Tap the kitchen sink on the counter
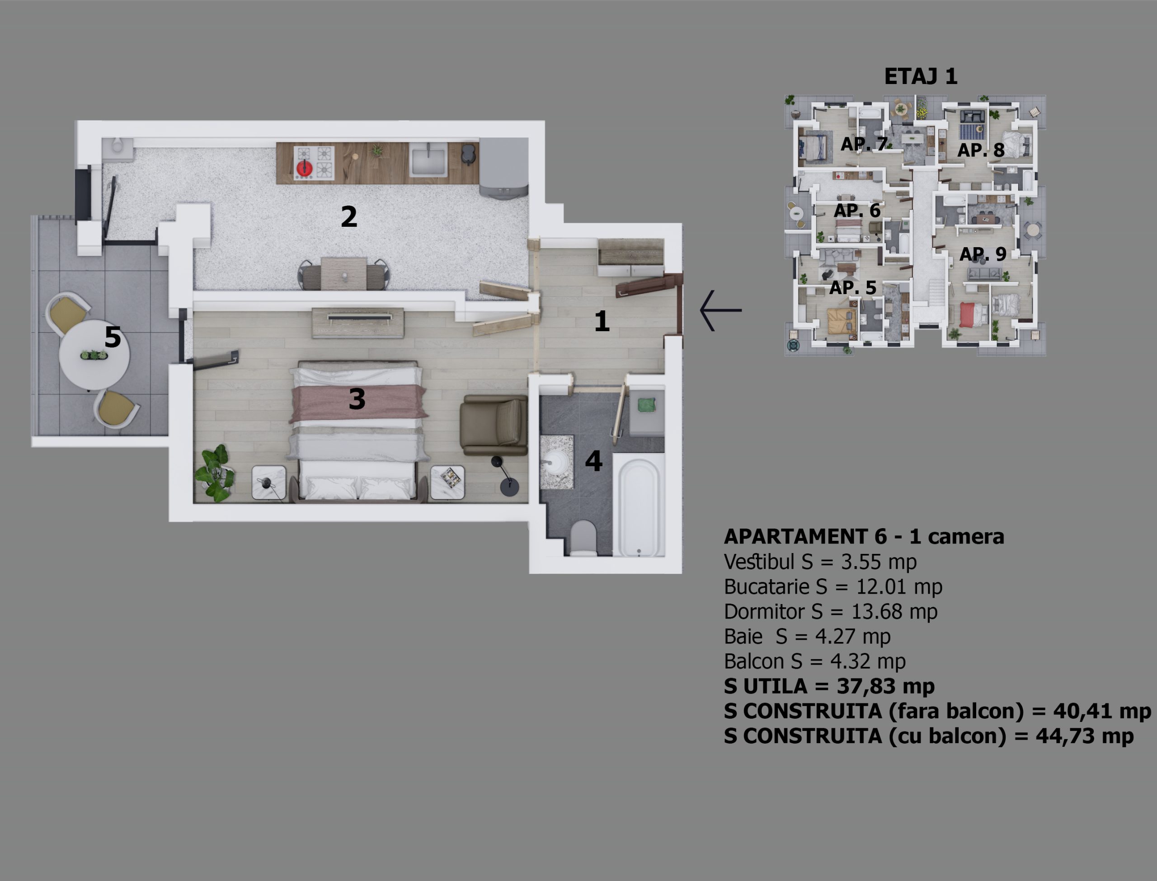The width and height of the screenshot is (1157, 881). (429, 160)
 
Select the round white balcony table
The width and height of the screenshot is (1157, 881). (94, 355)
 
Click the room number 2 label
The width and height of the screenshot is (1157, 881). (349, 216)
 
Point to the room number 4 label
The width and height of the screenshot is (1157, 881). (594, 461)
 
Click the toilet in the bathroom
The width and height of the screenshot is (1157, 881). (583, 538)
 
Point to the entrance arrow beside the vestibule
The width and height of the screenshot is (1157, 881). (720, 310)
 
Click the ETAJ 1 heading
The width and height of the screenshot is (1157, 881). (921, 76)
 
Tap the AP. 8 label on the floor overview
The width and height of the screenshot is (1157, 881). (981, 150)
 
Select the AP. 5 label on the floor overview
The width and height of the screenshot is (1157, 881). (853, 287)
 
